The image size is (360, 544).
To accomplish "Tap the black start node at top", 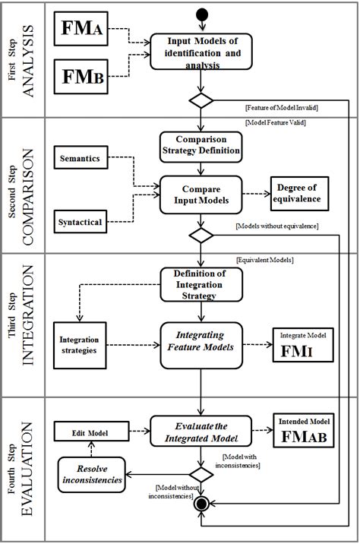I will pos(201,14).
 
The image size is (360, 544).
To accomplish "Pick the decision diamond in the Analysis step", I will pos(201,100).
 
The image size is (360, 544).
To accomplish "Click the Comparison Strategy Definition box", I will pos(201,144).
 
